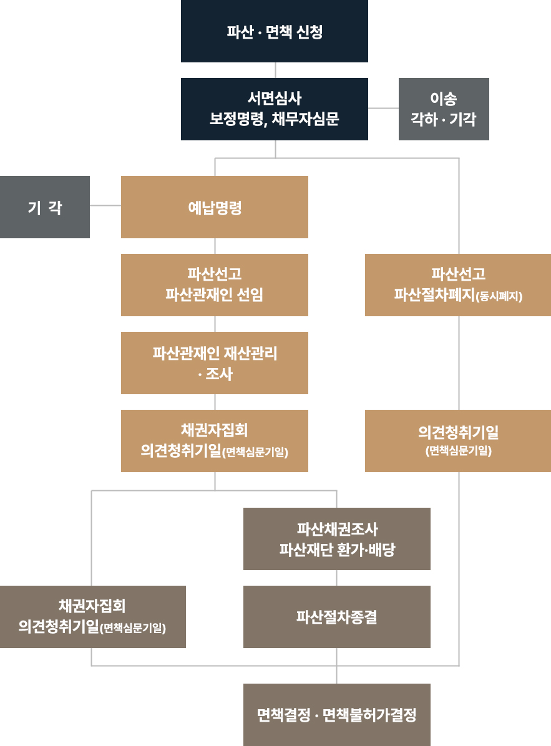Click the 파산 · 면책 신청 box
click(275, 31)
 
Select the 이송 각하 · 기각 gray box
click(444, 109)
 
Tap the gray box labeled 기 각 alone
click(45, 207)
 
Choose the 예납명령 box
click(215, 207)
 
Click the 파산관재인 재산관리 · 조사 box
click(215, 363)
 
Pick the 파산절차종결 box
click(337, 617)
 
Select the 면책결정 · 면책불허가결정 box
click(337, 715)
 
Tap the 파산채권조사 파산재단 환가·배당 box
click(337, 539)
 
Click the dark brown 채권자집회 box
click(93, 617)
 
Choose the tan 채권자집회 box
click(215, 441)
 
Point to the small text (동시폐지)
click(499, 297)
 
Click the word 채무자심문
click(306, 119)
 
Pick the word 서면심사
click(275, 98)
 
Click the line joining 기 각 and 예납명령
click(105, 205)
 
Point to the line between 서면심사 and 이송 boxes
click(383, 108)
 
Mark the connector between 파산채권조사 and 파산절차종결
click(337, 578)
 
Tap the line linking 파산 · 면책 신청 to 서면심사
click(275, 70)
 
